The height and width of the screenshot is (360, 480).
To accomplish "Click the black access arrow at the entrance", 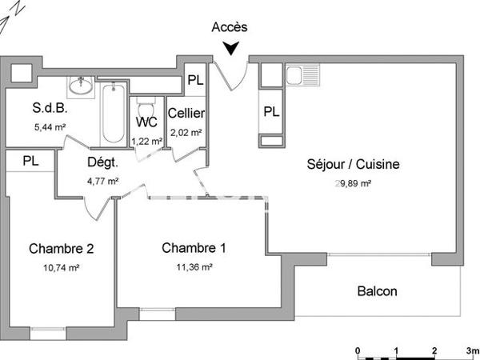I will click(x=231, y=50).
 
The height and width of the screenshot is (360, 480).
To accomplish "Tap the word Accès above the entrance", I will click(x=230, y=26).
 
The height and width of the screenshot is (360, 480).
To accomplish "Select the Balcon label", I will click(x=377, y=291).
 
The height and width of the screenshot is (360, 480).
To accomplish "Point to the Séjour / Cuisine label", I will click(x=353, y=165).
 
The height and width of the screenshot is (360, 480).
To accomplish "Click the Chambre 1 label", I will click(x=194, y=248).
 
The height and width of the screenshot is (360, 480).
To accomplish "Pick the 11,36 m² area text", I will click(x=194, y=267).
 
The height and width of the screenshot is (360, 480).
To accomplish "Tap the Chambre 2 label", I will click(x=62, y=248).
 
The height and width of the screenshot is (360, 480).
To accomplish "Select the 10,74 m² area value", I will click(x=62, y=267).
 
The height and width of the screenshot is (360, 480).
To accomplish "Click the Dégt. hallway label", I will click(x=102, y=162).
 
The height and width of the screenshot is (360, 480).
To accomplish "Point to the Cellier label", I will click(x=186, y=114).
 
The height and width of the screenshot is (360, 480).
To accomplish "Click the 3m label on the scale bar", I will click(x=472, y=350).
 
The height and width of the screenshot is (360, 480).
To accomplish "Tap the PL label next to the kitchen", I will click(x=272, y=111).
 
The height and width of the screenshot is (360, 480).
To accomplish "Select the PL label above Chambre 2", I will click(x=30, y=160).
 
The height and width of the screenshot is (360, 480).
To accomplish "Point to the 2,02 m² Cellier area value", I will click(x=186, y=133).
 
